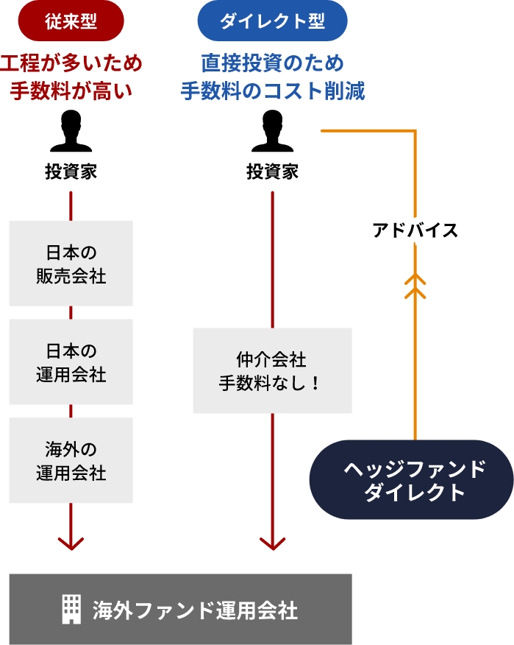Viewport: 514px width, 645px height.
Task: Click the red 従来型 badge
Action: point(71,21)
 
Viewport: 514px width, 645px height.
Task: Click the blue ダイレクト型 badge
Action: point(273,21)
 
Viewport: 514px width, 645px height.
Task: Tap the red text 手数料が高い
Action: point(71,91)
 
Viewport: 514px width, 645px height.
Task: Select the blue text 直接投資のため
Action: point(273,63)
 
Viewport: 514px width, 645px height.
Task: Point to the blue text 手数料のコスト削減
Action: point(273,91)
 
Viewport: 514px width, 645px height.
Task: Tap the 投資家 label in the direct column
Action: point(273,172)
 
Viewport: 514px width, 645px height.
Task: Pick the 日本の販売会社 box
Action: point(71,264)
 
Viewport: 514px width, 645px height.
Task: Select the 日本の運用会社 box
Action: point(71,362)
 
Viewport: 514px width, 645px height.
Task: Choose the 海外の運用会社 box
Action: point(71,460)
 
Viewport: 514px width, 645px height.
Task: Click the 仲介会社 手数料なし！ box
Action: point(273,370)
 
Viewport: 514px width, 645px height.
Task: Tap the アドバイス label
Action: point(415,230)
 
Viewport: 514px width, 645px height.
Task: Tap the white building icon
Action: point(71,610)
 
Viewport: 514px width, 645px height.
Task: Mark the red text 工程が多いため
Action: point(71,63)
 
